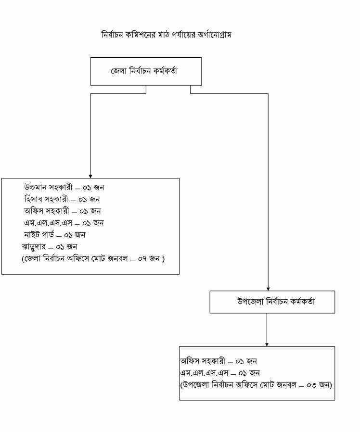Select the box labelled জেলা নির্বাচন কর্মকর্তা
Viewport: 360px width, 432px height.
146,71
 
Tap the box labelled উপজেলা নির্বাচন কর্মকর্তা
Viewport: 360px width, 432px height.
272,302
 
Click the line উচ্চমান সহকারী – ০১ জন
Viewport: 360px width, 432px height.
64,187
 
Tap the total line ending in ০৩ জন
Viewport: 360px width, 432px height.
257,385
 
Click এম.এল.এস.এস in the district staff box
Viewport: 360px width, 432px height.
48,223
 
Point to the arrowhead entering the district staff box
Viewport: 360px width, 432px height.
90,176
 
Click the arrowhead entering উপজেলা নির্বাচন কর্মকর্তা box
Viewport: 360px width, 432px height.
268,288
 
